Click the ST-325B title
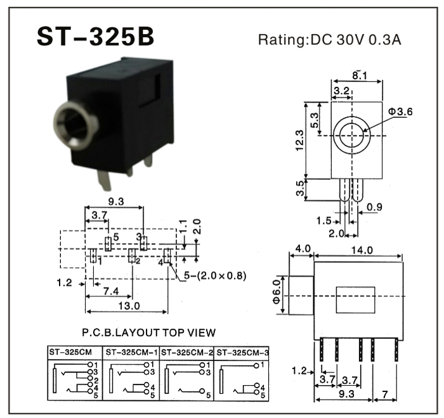[95, 37]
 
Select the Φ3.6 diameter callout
[400, 111]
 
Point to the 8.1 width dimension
[360, 76]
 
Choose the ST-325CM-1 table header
[131, 351]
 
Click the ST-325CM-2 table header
[187, 351]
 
